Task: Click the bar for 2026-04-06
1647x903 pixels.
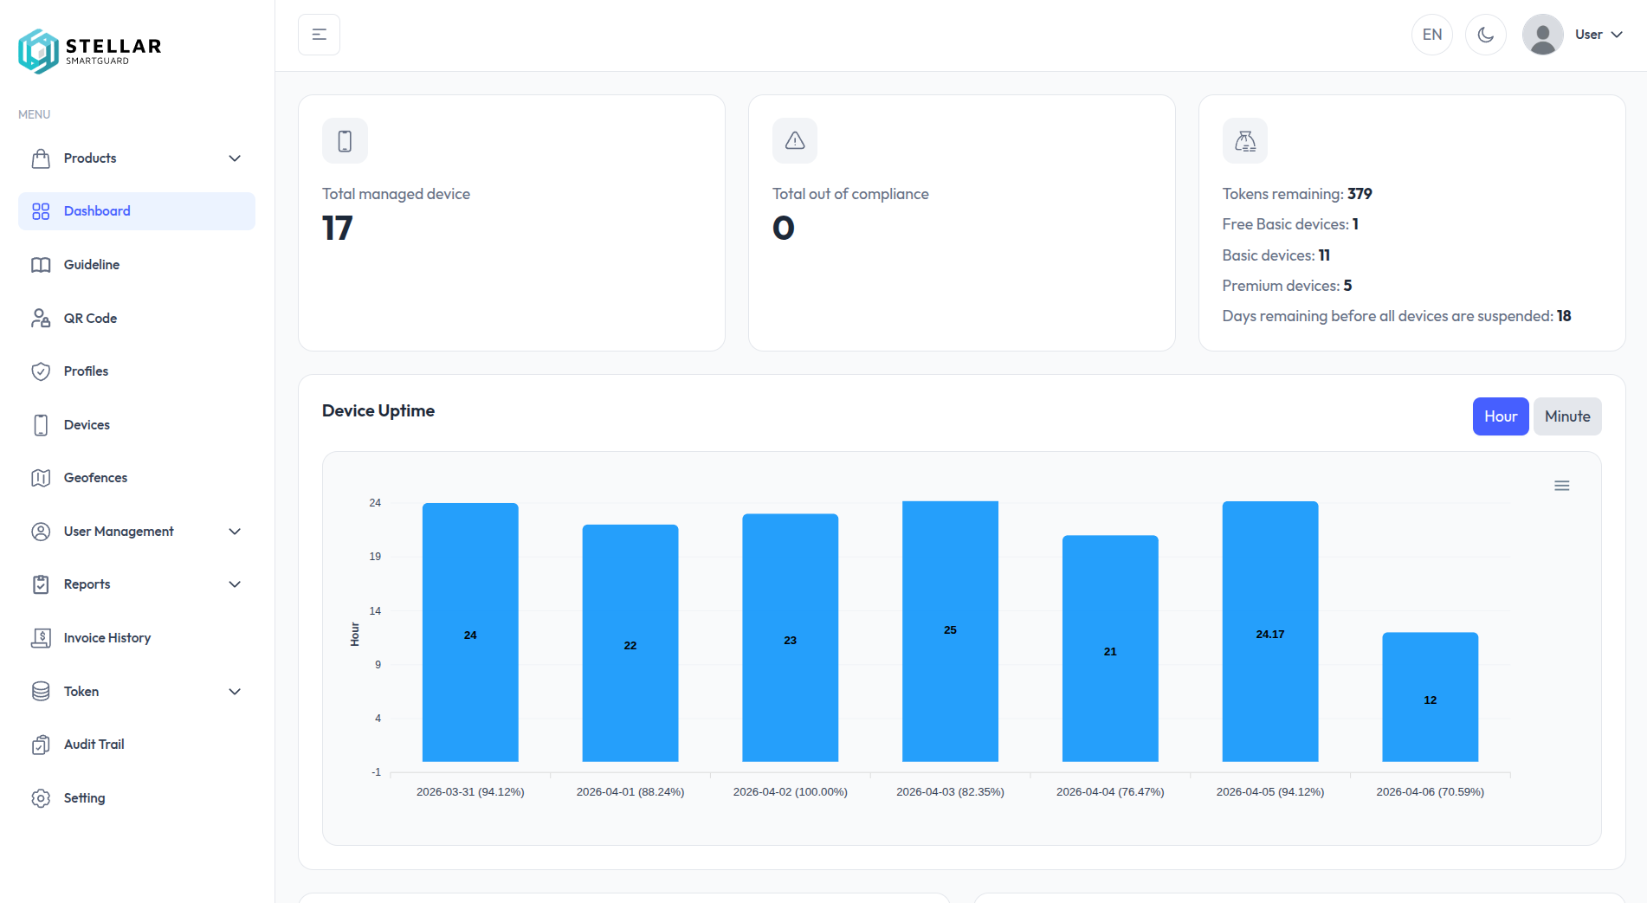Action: click(x=1430, y=697)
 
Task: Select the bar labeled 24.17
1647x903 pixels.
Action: click(x=1269, y=632)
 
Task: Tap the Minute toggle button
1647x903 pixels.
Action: click(x=1566, y=416)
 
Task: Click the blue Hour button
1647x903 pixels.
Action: click(x=1500, y=416)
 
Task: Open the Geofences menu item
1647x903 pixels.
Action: click(x=95, y=478)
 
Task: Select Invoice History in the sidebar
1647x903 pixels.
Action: click(x=107, y=638)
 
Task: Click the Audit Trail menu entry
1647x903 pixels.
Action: click(x=94, y=745)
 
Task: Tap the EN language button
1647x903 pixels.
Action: click(x=1431, y=35)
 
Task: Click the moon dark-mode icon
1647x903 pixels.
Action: click(x=1485, y=35)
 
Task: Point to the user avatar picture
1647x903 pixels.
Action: click(x=1542, y=35)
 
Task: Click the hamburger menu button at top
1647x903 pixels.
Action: click(x=319, y=35)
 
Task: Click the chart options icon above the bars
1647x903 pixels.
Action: click(x=1561, y=486)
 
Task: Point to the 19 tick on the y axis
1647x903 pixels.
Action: click(x=375, y=557)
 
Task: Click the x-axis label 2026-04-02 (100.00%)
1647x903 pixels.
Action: click(x=790, y=792)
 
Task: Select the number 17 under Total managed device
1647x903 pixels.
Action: click(x=337, y=229)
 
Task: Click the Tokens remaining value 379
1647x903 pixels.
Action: click(x=1360, y=194)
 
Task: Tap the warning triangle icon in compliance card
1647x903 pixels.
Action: click(x=794, y=140)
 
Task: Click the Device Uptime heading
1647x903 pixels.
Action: click(x=378, y=411)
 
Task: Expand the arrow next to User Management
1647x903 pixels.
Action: click(x=235, y=532)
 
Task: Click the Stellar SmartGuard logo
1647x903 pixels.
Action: click(x=89, y=50)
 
